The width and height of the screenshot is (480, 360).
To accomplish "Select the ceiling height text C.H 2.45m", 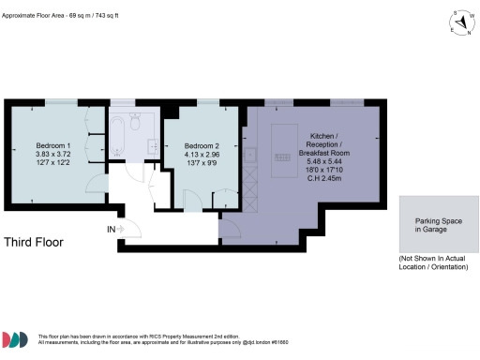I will [x=322, y=177].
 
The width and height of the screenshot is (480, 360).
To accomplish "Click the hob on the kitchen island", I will [x=282, y=157].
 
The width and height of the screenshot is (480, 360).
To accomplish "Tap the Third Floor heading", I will [x=34, y=242].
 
